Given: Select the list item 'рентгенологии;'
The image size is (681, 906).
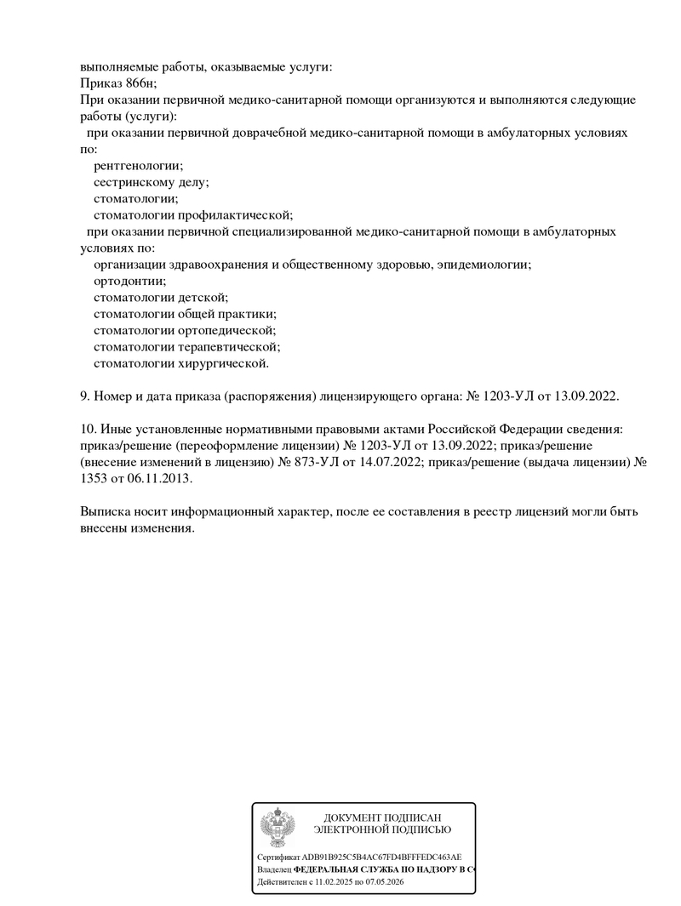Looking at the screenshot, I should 138,166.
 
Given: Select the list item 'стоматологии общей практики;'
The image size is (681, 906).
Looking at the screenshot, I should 185,314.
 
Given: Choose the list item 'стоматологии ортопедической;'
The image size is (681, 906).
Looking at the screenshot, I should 185,331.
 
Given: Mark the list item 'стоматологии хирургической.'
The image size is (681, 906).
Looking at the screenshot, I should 181,364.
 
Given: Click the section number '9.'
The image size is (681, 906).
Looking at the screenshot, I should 85,396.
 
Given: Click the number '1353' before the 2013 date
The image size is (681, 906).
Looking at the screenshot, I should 94,479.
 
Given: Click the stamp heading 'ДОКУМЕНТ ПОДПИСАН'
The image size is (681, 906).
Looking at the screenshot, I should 382,818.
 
